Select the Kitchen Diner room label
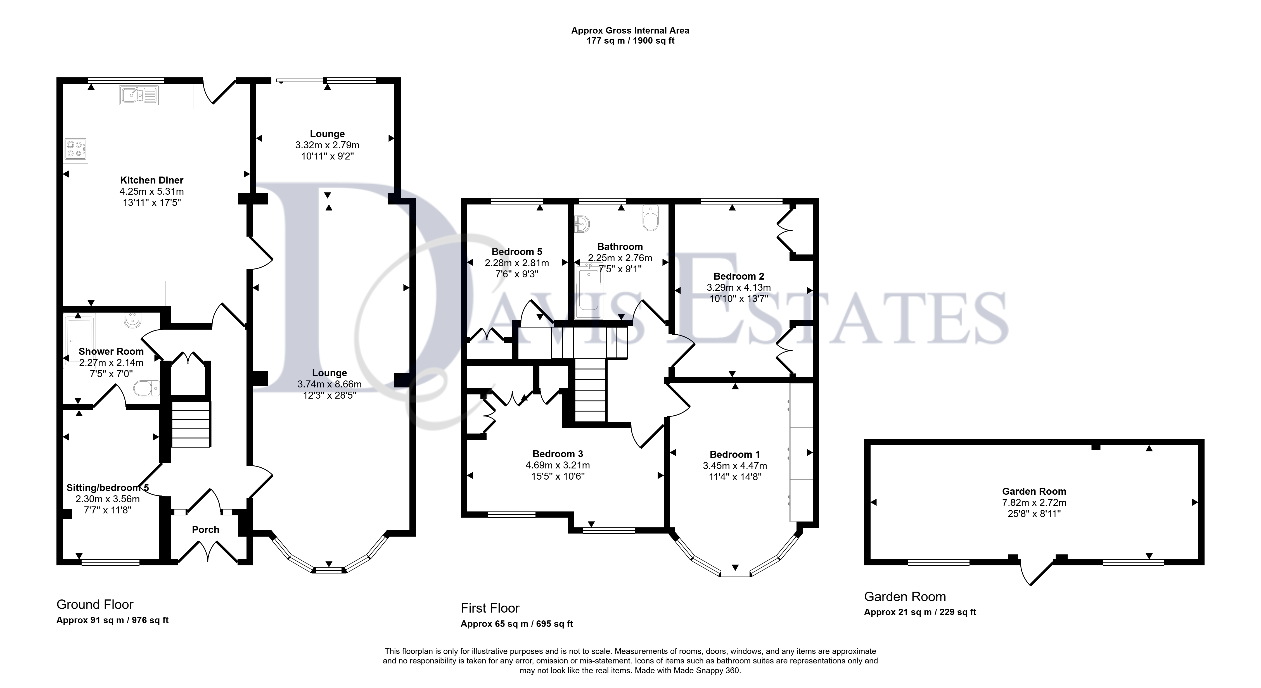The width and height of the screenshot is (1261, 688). pos(152,180)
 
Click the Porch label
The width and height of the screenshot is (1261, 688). pos(206,529)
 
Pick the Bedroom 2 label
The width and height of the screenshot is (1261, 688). pos(739,276)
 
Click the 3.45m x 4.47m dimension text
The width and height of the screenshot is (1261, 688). pos(735,466)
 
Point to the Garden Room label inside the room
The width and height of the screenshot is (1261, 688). pos(1034,491)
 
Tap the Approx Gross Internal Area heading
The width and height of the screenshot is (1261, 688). pos(630,30)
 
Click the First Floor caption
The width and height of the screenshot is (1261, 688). pos(490,608)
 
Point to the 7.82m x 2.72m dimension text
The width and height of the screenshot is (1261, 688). pos(1034,503)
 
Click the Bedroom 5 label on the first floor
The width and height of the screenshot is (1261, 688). pos(517,251)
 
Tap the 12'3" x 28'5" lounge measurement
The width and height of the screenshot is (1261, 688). pos(330,395)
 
